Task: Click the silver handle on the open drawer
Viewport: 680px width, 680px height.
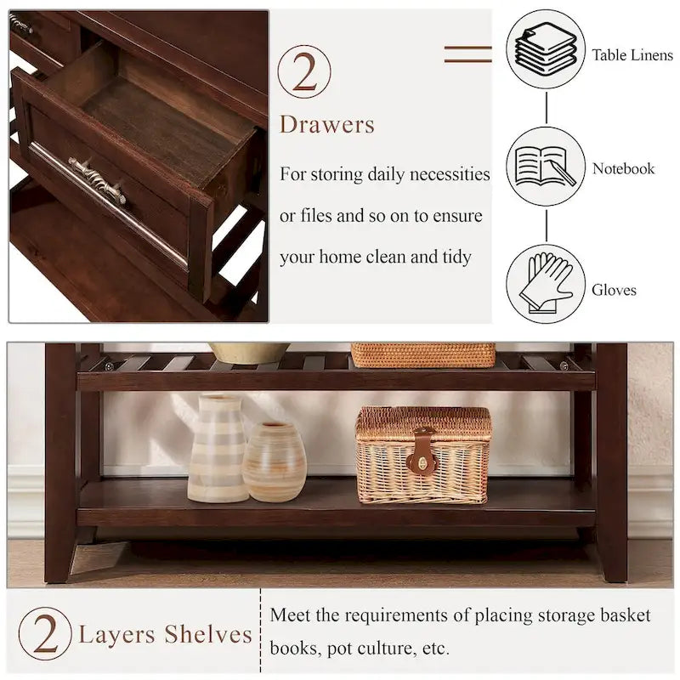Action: (x=97, y=179)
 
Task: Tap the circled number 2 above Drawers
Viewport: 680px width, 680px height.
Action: (x=304, y=71)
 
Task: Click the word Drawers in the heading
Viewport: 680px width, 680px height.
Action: (x=327, y=125)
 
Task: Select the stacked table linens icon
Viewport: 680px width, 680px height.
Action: (x=546, y=49)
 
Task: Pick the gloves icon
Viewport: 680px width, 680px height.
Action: (x=546, y=284)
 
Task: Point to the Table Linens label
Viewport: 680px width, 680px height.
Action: (x=632, y=55)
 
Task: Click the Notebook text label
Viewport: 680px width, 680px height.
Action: (x=623, y=168)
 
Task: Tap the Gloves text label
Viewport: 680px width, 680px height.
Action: (x=614, y=290)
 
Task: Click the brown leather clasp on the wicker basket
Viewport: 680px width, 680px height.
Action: (x=422, y=452)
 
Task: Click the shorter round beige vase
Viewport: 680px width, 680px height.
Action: (x=274, y=462)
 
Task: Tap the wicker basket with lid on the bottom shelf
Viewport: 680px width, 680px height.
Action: (x=423, y=454)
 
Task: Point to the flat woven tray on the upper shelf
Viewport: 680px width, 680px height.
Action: (x=422, y=354)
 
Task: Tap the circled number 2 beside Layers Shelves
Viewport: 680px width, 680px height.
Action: (x=43, y=634)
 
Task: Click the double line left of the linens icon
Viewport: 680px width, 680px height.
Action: (x=467, y=54)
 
